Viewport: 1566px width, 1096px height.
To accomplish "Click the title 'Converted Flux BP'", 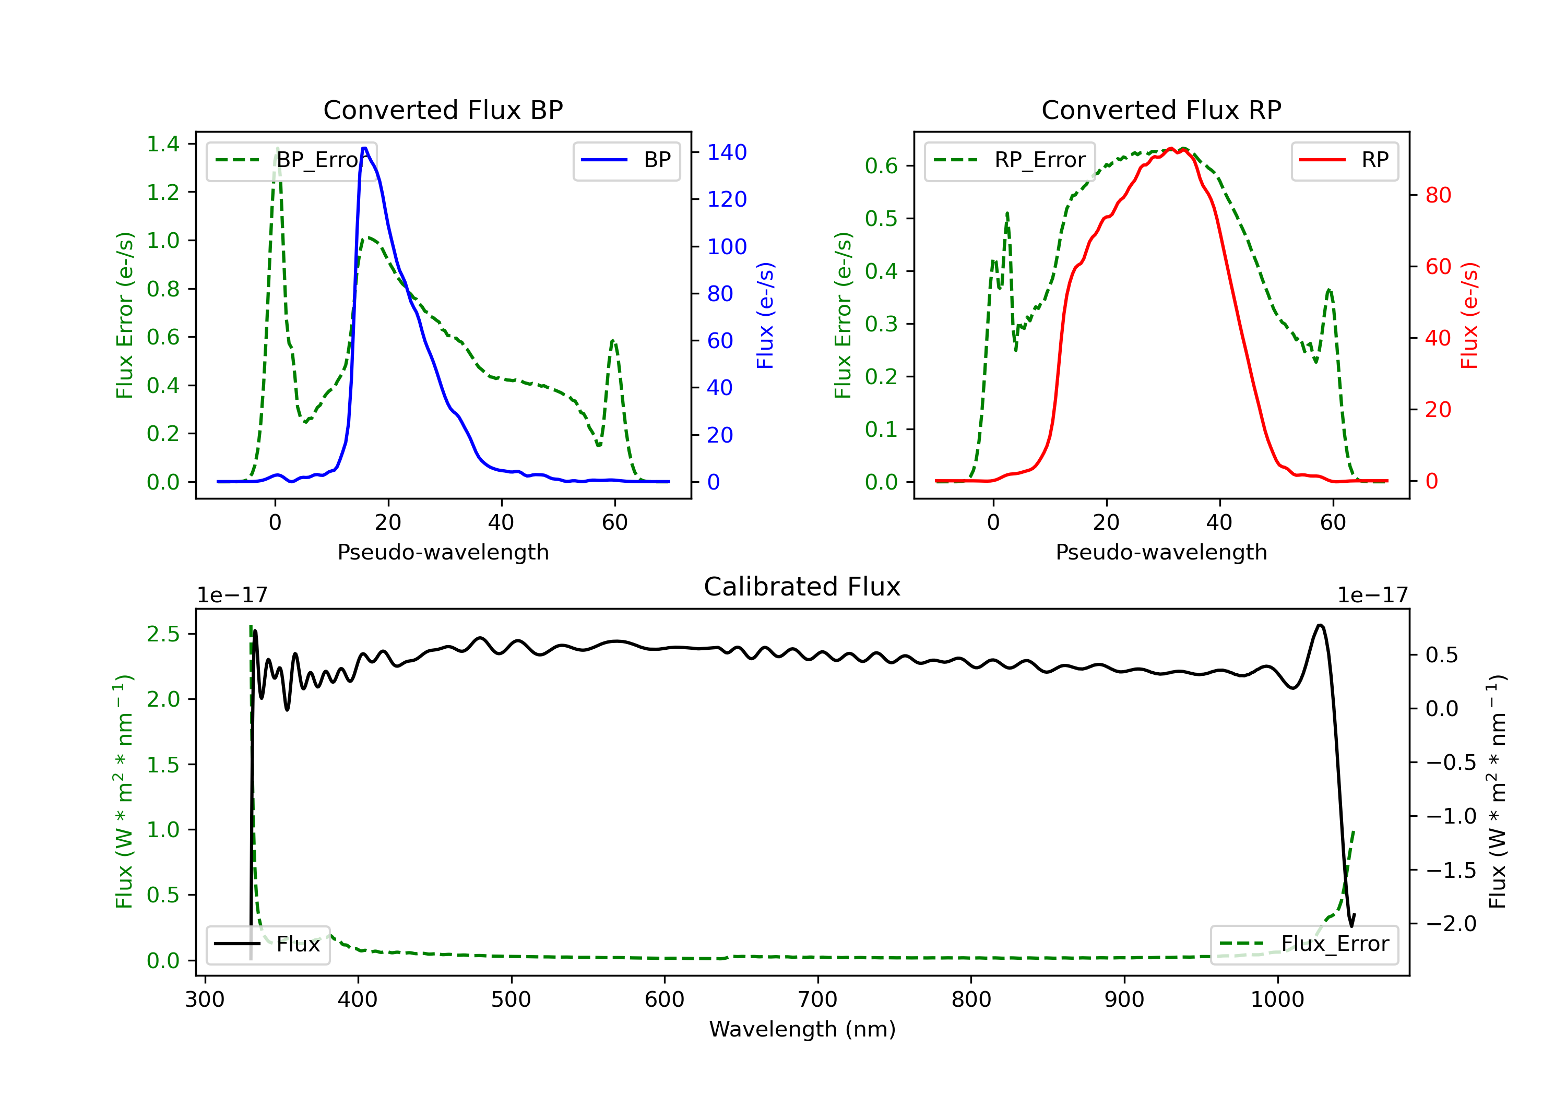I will [443, 110].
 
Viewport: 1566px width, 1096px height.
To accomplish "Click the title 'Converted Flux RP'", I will [1161, 110].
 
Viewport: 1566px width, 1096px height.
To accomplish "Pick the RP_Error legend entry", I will [1010, 160].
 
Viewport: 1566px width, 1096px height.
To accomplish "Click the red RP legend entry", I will [1344, 160].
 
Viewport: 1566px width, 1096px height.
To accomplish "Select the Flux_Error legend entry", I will [1304, 944].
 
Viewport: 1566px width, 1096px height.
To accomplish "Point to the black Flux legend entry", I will [268, 944].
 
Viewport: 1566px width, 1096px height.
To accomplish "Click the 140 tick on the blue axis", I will [727, 152].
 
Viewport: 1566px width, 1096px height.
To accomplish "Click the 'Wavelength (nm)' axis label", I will [802, 1029].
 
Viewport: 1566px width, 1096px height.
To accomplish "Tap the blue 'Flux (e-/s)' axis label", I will [765, 315].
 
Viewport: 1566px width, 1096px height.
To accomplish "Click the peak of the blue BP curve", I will [365, 148].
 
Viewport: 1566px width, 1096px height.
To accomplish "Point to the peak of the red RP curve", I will [1170, 148].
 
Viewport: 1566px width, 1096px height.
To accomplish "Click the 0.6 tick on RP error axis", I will [881, 166].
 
